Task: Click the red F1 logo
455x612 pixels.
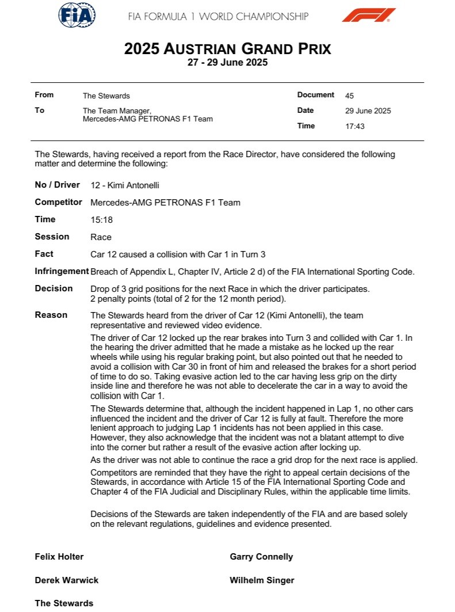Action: pos(368,15)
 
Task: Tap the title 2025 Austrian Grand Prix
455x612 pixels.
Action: pos(227,49)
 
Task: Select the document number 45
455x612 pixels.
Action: pos(350,96)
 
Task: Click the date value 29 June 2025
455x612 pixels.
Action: pos(368,111)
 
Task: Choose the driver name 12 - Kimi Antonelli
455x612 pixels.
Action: pos(125,185)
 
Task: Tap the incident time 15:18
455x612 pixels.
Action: pos(101,220)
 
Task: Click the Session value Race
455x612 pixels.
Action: pos(101,237)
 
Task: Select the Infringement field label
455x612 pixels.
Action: pos(62,272)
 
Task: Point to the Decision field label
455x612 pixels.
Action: pos(53,288)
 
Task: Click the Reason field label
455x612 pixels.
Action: pos(51,315)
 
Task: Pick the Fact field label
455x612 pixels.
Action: pos(44,254)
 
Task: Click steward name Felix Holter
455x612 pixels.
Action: pos(59,557)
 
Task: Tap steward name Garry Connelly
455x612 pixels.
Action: pos(261,557)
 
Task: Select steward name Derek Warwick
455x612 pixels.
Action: pos(67,580)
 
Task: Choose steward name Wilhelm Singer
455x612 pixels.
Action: pos(262,580)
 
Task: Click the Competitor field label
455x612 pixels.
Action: pos(59,202)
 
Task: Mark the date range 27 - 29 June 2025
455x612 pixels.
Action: pos(227,63)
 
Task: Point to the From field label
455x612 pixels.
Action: pos(44,95)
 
